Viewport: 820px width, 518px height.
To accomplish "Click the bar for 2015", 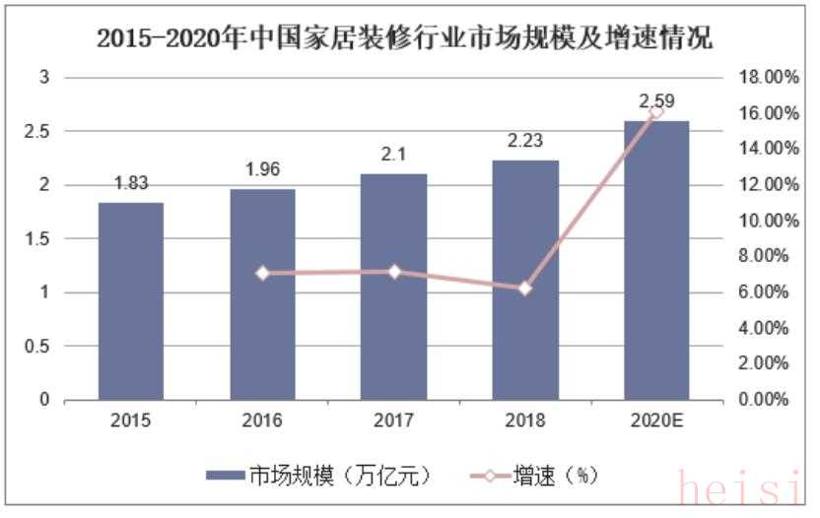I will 131,301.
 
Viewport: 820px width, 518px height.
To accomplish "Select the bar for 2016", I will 262,294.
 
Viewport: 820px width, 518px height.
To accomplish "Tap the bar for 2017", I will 393,287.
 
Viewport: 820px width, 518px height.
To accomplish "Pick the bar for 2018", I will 525,280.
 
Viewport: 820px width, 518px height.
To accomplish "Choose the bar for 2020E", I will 656,260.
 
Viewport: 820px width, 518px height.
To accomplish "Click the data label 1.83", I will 131,182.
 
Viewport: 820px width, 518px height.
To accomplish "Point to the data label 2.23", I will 525,140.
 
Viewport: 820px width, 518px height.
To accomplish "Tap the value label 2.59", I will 656,100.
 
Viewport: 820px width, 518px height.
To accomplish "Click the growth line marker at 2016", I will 262,273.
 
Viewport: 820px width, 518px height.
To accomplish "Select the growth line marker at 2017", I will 393,271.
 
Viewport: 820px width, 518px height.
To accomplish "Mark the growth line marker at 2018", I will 525,289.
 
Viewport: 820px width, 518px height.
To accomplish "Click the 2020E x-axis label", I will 656,421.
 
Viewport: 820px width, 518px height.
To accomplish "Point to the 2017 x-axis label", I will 393,421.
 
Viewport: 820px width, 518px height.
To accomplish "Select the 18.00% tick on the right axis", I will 766,77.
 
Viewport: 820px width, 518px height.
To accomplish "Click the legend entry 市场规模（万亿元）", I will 315,476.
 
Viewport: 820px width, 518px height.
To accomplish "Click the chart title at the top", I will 405,39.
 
